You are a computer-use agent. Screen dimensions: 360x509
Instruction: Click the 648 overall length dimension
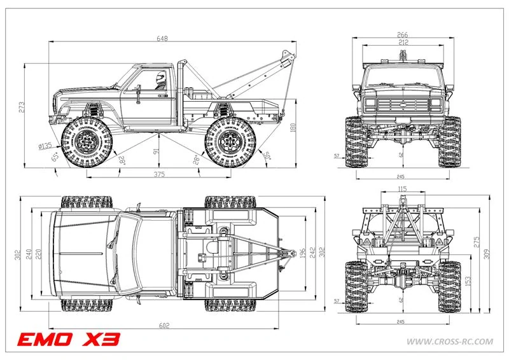coord(163,39)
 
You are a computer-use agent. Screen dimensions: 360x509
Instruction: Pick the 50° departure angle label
coord(267,155)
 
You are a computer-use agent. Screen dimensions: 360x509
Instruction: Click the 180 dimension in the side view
coord(293,128)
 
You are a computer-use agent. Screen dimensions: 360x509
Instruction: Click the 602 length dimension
coord(164,326)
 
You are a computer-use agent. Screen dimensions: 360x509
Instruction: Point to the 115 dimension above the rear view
coord(401,190)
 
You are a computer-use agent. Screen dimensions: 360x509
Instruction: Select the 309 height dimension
coord(487,254)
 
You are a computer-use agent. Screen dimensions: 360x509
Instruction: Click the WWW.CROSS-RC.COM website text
coord(449,342)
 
